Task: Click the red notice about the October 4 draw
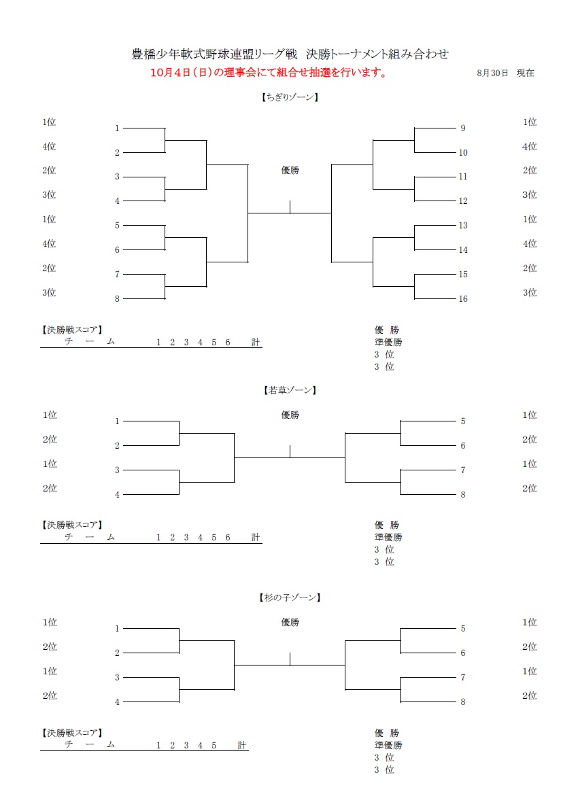(x=268, y=73)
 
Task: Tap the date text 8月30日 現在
(x=505, y=73)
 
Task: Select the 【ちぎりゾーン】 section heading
(x=290, y=97)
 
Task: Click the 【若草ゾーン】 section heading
(x=290, y=390)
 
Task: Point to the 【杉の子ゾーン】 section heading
(x=290, y=598)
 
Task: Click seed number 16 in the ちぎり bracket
(x=462, y=299)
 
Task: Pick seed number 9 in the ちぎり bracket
(x=462, y=128)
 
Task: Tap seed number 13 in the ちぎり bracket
(x=462, y=226)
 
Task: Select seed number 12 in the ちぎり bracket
(x=462, y=201)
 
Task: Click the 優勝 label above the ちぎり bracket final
(x=290, y=170)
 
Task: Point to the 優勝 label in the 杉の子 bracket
(x=290, y=622)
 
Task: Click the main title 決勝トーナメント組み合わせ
(x=377, y=54)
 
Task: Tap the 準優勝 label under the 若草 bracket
(x=388, y=537)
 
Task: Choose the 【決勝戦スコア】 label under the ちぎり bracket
(x=71, y=330)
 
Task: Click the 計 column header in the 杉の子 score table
(x=242, y=745)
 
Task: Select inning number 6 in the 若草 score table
(x=228, y=537)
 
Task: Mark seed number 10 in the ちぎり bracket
(x=462, y=152)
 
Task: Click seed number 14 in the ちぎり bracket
(x=462, y=249)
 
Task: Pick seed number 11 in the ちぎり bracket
(x=462, y=177)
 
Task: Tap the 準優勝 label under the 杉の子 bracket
(x=388, y=745)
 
